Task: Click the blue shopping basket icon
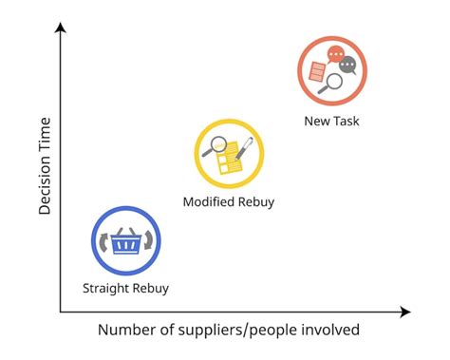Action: pos(125,242)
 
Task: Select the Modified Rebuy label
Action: pos(229,201)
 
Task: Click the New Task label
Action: pos(331,121)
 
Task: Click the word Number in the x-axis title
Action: pos(126,330)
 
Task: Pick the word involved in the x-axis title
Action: pos(329,330)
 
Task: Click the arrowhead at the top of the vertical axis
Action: pos(60,28)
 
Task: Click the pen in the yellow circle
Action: pos(242,147)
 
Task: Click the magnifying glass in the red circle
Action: pos(331,84)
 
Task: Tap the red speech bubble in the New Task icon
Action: pos(333,55)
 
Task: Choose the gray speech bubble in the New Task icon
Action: pos(348,66)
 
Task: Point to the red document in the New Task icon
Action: pos(317,71)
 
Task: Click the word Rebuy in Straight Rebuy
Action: pos(149,288)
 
